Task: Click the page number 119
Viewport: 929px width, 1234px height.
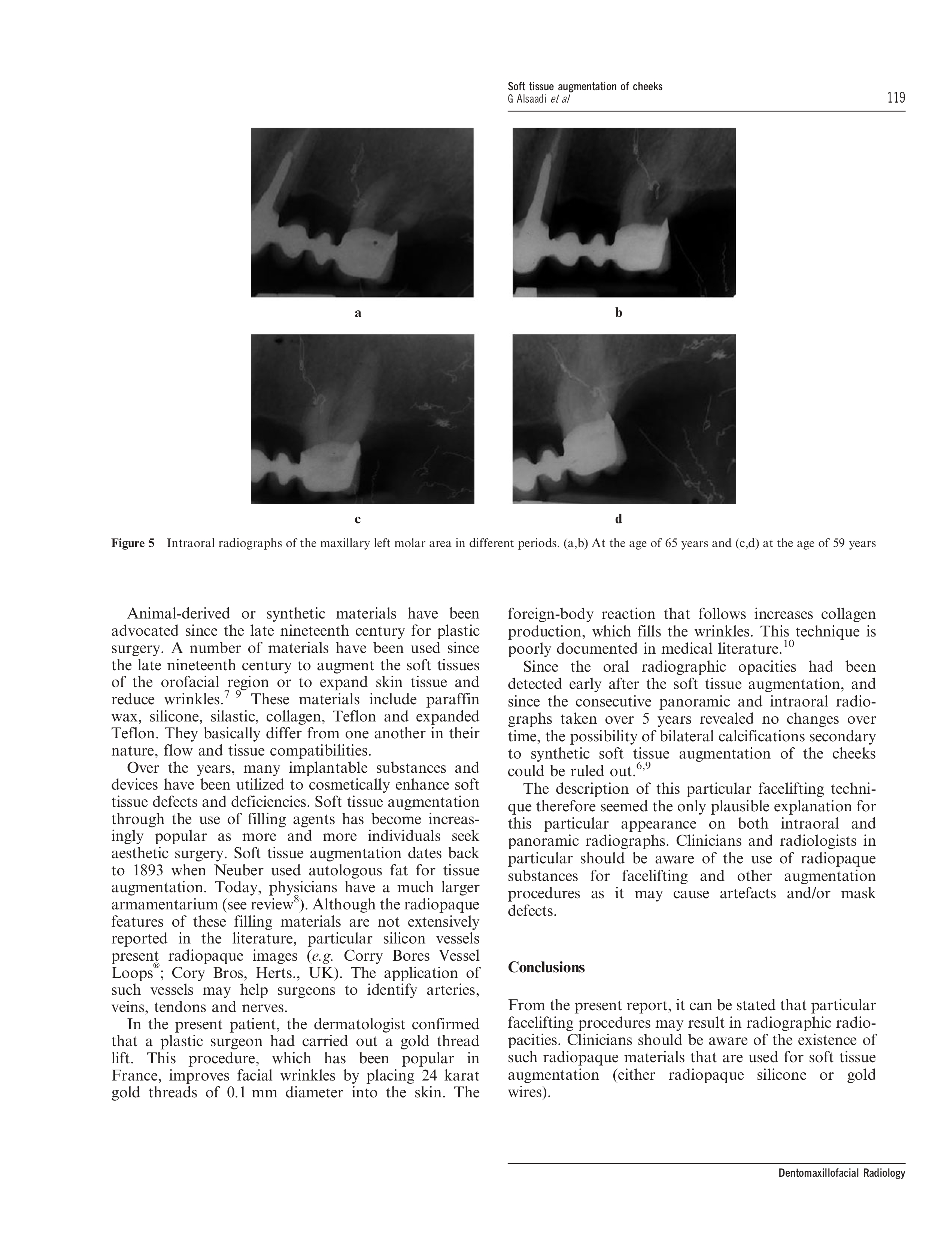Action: (x=896, y=98)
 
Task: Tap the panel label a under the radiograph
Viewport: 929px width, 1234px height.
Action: (x=358, y=313)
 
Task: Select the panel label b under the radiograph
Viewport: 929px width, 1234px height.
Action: (x=618, y=313)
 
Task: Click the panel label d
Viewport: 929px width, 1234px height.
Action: (x=618, y=519)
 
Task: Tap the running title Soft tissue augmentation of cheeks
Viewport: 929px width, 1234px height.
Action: (x=585, y=86)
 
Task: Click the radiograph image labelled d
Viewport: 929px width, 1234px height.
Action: (x=624, y=419)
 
